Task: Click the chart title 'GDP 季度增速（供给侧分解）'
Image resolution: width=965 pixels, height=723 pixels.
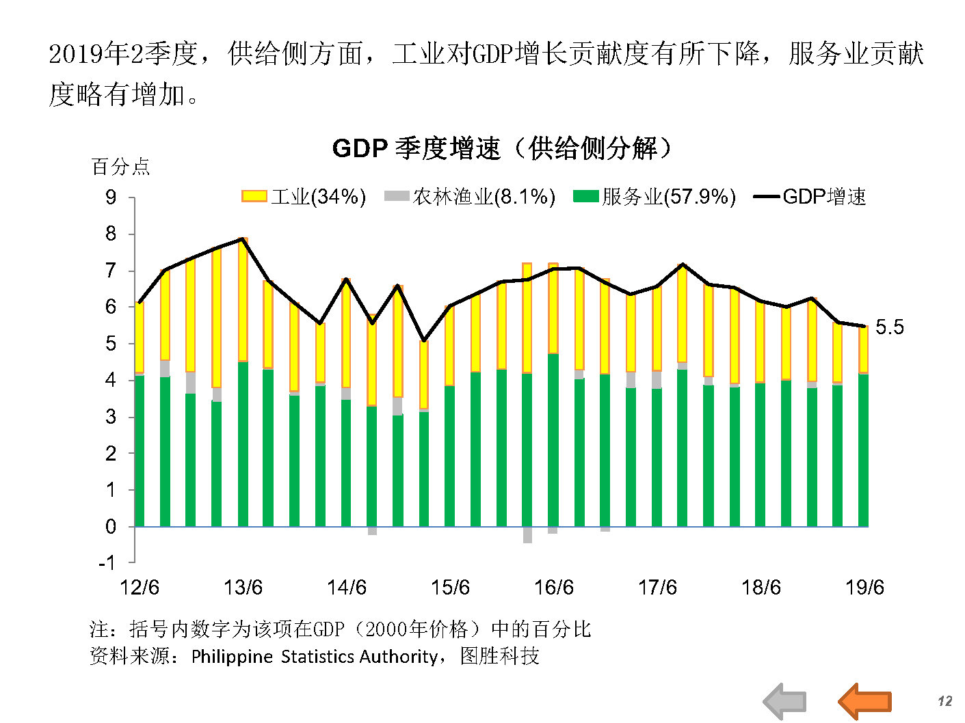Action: pos(503,148)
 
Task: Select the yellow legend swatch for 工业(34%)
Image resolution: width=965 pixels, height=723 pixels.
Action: pos(254,197)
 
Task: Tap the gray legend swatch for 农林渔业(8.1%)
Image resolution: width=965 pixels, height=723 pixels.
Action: pos(396,197)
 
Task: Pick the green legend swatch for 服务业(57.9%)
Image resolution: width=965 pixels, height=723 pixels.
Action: pos(585,197)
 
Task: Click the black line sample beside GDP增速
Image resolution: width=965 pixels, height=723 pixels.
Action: pos(766,197)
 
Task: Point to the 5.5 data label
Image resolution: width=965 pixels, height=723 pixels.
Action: pos(889,327)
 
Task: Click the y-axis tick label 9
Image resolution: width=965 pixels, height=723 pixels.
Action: pos(111,197)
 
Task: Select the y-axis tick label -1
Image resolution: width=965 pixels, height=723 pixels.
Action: pos(107,563)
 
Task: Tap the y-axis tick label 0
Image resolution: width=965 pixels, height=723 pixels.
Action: pos(111,527)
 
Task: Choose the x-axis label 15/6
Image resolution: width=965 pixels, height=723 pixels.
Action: pos(450,588)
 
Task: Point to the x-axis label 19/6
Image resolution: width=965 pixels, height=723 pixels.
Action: pos(864,588)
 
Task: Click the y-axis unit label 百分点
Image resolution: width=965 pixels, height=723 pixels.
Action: pos(120,167)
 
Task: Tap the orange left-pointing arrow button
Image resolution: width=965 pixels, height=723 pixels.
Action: pos(864,701)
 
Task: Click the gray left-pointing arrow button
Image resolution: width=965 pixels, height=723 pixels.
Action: pos(785,701)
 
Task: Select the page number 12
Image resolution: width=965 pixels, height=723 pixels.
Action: pos(944,701)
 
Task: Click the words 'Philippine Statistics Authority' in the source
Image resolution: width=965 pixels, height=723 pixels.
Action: pos(314,657)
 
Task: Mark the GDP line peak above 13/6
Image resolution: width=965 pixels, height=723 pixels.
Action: pos(243,238)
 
